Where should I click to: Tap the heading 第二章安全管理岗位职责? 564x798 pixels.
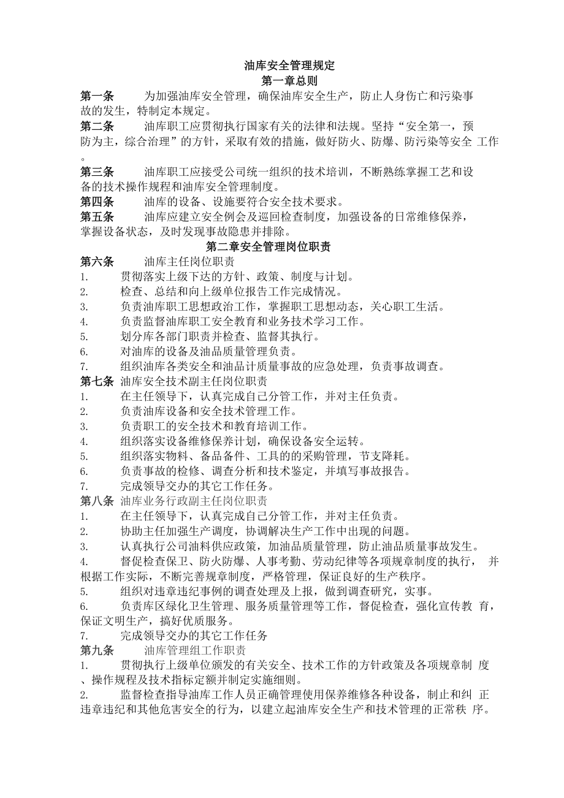point(269,247)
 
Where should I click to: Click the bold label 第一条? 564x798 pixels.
point(97,96)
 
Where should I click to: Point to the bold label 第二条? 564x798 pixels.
point(97,127)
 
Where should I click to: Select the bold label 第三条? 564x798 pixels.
point(97,172)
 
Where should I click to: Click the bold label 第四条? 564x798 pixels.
point(97,202)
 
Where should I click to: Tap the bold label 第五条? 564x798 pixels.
point(97,217)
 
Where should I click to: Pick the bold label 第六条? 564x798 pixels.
point(97,262)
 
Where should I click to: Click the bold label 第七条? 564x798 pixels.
point(97,381)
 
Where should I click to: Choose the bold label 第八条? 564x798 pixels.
point(97,501)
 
